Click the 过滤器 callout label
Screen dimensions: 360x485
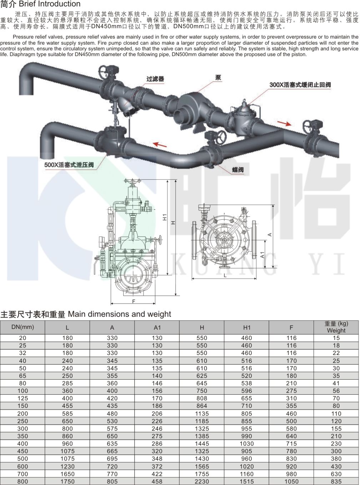point(155,79)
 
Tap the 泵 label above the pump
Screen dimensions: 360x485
point(218,77)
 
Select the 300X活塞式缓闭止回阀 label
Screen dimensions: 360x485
point(300,85)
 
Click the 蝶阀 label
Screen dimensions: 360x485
point(238,170)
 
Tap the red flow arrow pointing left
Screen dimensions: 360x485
point(160,145)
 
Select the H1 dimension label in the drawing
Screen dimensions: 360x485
point(165,217)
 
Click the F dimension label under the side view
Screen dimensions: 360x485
point(134,301)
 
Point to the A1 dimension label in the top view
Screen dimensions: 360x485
point(262,255)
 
